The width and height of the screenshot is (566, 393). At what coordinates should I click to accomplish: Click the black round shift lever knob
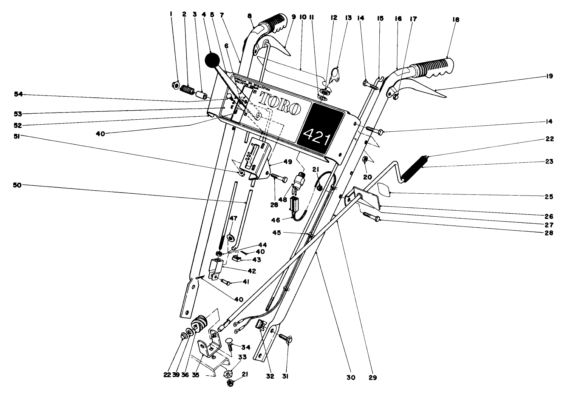[212, 60]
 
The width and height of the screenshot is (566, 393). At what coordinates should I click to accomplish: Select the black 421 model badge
[320, 128]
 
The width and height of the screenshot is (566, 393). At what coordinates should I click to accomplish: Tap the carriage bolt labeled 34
[229, 345]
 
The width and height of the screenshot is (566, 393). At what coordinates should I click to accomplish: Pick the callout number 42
[251, 271]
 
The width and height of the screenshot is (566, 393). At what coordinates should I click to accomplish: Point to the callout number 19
[549, 76]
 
